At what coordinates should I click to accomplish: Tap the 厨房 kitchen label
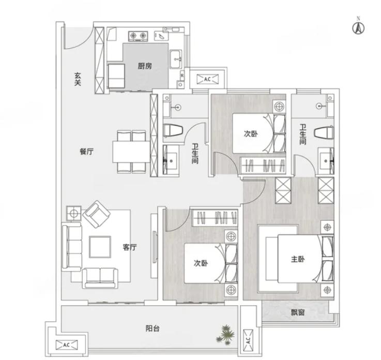145,66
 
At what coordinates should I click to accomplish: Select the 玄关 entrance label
78,79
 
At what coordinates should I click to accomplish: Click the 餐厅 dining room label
86,152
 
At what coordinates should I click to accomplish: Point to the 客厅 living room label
130,247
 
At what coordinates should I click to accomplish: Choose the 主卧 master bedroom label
298,259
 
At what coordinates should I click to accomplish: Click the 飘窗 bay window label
298,312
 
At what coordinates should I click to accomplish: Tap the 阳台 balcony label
153,328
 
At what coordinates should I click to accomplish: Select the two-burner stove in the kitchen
138,36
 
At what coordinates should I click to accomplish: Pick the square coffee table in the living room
100,247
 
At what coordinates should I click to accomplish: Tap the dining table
131,152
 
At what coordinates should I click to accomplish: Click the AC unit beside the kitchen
207,79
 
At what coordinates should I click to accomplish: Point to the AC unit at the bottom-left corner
67,344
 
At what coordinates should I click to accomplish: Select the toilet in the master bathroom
324,133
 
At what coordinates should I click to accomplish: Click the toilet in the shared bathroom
173,129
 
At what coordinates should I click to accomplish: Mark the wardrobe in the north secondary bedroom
263,166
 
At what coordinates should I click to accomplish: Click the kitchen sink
175,59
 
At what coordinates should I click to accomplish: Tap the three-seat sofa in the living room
72,247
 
